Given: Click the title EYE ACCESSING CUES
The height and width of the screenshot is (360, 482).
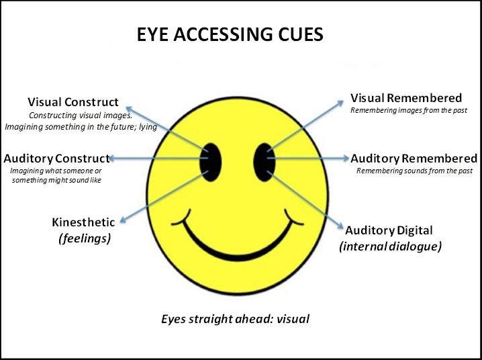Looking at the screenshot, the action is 230,34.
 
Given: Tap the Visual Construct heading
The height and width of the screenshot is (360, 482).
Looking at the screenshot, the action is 73,102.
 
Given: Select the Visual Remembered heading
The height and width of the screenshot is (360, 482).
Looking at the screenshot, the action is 406,98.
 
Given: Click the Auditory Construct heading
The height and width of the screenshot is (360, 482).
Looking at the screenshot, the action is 57,159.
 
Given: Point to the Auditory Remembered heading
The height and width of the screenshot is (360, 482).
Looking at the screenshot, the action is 414,159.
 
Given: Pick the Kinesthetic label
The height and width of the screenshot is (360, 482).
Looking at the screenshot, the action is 83,222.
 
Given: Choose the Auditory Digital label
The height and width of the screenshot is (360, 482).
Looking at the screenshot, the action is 389,230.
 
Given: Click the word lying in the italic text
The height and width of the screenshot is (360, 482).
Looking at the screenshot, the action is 148,127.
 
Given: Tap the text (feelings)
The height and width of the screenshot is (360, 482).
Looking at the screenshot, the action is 85,238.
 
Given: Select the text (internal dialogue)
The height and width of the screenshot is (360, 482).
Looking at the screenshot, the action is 391,246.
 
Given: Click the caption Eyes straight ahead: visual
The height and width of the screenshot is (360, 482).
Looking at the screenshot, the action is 235,319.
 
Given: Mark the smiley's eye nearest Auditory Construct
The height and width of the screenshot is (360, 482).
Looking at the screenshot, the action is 211,162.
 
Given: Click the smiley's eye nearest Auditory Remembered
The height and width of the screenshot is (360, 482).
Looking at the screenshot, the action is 264,162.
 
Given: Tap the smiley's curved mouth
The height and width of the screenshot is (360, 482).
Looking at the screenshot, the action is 237,255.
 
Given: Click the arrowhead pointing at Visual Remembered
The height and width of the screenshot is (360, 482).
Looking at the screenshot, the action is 340,103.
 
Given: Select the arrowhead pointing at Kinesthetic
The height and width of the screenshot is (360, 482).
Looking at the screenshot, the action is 124,220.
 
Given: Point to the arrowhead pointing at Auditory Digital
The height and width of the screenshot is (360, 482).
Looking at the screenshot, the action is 340,226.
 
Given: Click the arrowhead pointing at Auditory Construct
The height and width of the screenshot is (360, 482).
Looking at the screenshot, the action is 113,159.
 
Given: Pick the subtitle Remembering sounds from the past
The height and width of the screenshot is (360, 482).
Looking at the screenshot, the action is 414,171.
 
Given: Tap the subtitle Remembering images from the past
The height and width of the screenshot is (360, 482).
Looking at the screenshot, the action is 409,110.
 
